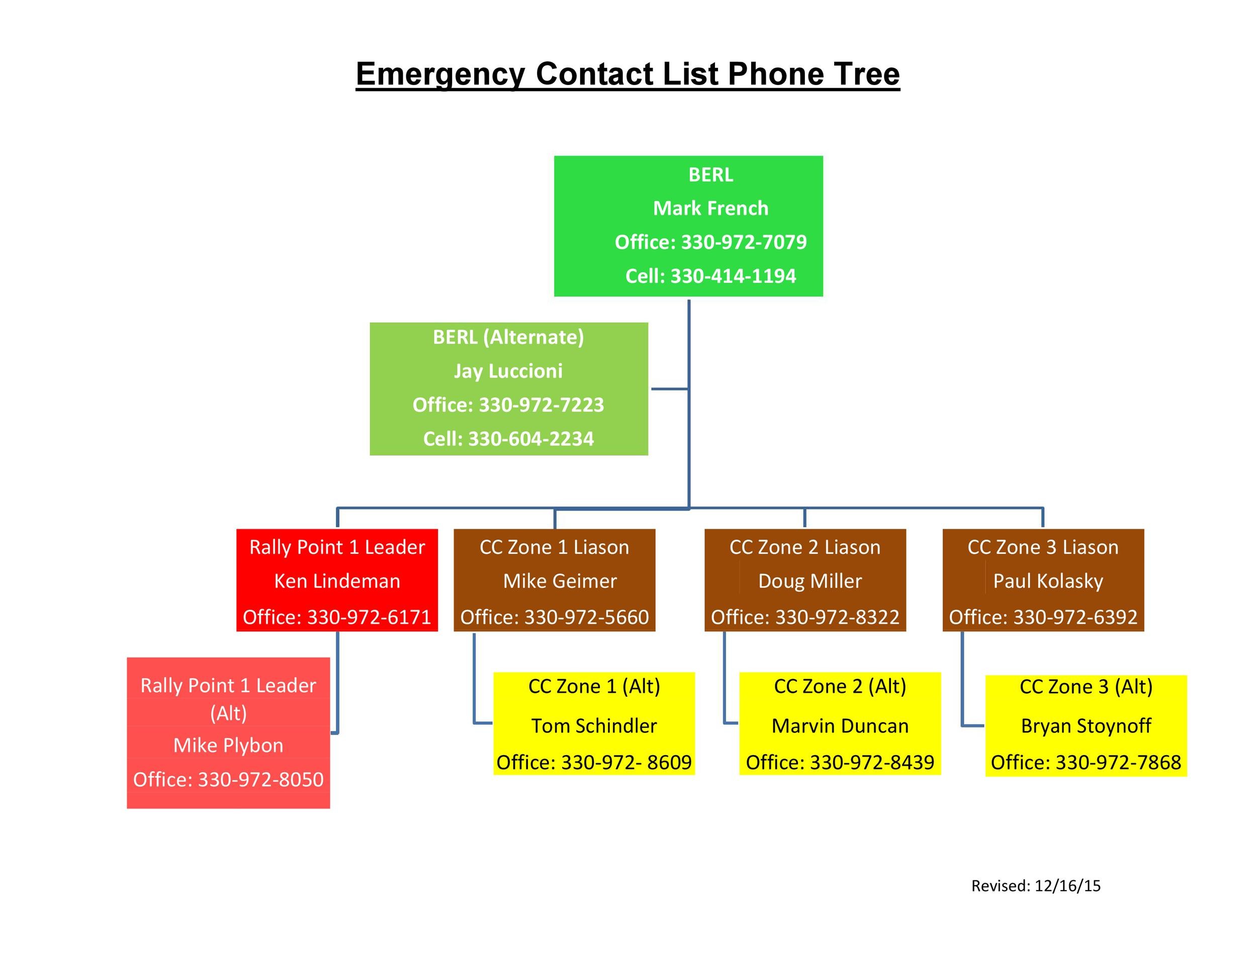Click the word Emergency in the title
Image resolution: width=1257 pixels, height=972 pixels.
pyautogui.click(x=440, y=74)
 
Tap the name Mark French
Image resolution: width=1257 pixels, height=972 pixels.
pyautogui.click(x=711, y=208)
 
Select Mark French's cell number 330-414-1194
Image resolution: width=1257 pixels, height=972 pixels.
pyautogui.click(x=733, y=276)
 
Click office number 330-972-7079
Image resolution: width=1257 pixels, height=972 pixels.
pyautogui.click(x=744, y=242)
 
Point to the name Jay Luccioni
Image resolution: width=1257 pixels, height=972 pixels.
pyautogui.click(x=508, y=371)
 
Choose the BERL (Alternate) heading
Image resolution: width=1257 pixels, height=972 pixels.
pyautogui.click(x=508, y=337)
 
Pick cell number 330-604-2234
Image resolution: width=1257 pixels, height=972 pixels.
pyautogui.click(x=530, y=439)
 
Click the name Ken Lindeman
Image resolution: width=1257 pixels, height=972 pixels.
pyautogui.click(x=337, y=581)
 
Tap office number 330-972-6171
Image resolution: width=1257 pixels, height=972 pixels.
pyautogui.click(x=369, y=617)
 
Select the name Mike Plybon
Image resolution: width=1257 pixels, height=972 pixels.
pyautogui.click(x=228, y=746)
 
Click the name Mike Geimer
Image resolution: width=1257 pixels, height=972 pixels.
pyautogui.click(x=560, y=581)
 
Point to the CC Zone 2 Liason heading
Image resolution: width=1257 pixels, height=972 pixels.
pyautogui.click(x=805, y=547)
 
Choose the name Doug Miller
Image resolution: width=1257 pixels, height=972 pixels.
pyautogui.click(x=811, y=581)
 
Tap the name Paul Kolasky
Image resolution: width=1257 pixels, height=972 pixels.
pyautogui.click(x=1048, y=581)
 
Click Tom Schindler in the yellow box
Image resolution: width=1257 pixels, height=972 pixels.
pyautogui.click(x=594, y=725)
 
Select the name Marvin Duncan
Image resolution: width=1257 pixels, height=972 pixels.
pyautogui.click(x=840, y=725)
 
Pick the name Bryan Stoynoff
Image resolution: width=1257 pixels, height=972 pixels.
pyautogui.click(x=1086, y=726)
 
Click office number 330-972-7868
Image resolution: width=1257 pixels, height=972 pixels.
pyautogui.click(x=1118, y=762)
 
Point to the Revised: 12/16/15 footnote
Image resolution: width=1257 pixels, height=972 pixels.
pyautogui.click(x=1036, y=885)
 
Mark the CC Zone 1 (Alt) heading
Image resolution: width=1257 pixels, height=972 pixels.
pyautogui.click(x=594, y=686)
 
